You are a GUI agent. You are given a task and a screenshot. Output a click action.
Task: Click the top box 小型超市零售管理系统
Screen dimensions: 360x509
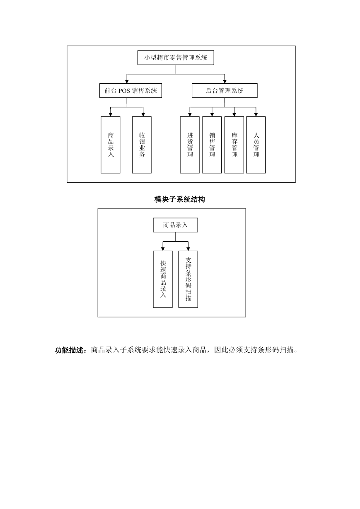(x=176, y=58)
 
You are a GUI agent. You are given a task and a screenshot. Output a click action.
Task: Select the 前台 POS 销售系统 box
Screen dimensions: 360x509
(x=130, y=91)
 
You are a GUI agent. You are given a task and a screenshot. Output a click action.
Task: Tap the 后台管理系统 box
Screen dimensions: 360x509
(x=225, y=91)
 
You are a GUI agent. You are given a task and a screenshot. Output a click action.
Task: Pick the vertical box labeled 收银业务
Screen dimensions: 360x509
(x=142, y=145)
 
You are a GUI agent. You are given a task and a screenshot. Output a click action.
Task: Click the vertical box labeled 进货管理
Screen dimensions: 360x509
(x=190, y=145)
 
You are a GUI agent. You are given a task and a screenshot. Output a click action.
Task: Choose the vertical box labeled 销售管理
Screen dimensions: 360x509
(x=212, y=145)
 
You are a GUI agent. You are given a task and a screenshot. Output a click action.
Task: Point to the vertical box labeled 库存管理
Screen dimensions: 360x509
(x=234, y=145)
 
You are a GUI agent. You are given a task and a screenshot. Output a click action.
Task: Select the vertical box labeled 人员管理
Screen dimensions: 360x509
(x=256, y=145)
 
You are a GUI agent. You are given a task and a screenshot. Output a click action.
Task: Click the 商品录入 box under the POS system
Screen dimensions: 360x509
(x=110, y=145)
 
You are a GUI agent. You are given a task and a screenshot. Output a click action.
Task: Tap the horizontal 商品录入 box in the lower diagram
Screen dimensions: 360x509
(x=175, y=225)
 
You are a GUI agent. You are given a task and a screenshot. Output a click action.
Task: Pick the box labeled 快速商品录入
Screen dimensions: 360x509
(x=163, y=279)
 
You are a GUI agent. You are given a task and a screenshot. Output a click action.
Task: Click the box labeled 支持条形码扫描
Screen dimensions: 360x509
(x=188, y=279)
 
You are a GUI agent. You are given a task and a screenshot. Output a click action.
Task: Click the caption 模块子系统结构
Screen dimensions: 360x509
(x=180, y=199)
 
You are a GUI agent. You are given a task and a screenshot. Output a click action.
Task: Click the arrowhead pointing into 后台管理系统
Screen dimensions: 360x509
(x=225, y=82)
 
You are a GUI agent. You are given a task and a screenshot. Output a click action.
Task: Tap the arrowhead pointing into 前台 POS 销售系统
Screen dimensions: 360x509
(x=127, y=82)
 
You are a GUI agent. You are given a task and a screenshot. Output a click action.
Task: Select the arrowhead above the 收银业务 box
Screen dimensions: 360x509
(x=143, y=115)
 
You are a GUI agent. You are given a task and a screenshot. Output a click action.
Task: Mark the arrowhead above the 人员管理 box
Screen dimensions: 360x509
(x=256, y=115)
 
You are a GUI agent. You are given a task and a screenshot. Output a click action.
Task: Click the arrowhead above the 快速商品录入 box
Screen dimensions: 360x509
(x=163, y=249)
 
